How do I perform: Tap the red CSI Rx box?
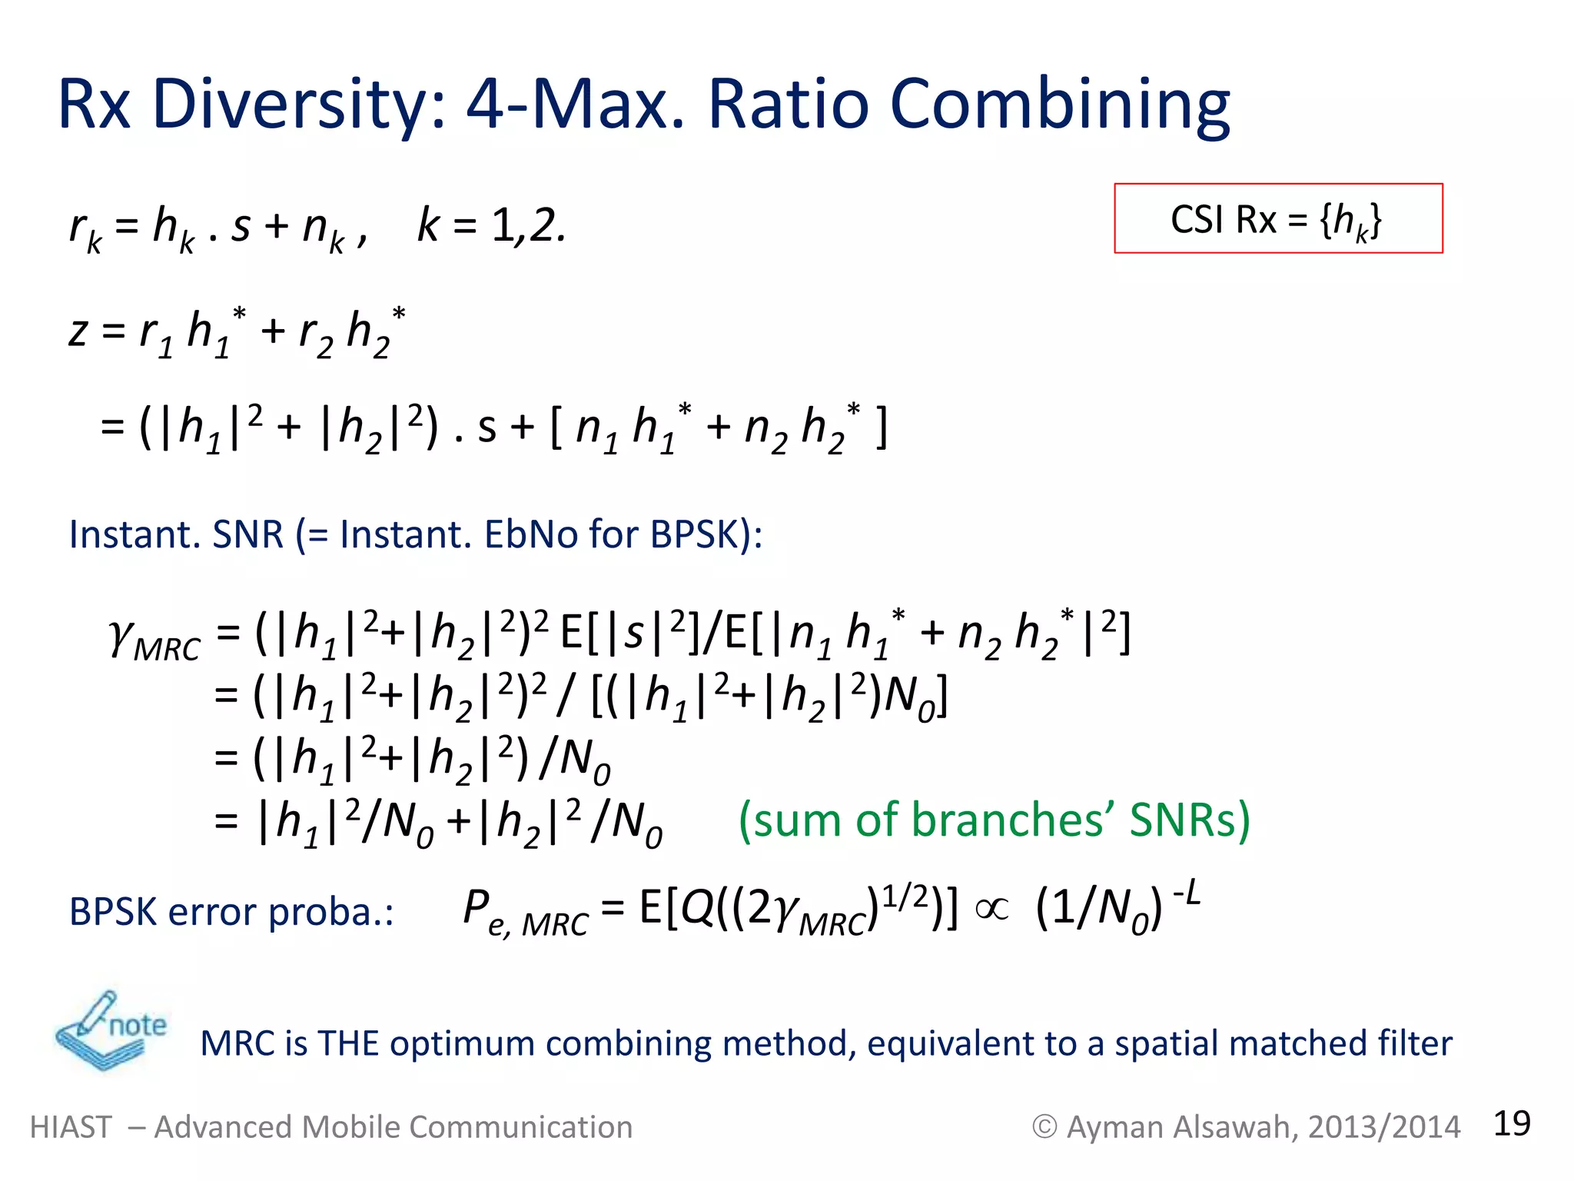pos(1278,218)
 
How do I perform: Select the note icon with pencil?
pos(109,1030)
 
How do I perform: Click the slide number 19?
pos(1511,1123)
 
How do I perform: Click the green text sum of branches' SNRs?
pos(994,820)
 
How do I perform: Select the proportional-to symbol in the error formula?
pos(991,909)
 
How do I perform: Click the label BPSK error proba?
pos(231,912)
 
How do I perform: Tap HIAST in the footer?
pos(71,1127)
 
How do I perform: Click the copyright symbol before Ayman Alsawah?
pos(1044,1127)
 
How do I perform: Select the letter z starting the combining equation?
pos(78,332)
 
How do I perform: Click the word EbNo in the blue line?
pos(530,534)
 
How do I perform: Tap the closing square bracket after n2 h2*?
pos(882,427)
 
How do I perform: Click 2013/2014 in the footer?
pos(1383,1127)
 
